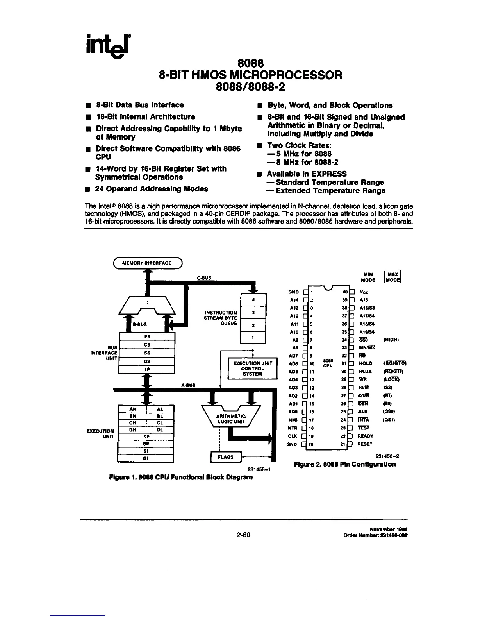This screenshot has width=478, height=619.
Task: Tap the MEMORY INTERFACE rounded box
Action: pyautogui.click(x=147, y=263)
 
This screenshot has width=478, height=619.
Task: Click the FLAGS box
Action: pyautogui.click(x=226, y=456)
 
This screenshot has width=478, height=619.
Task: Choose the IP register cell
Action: pyautogui.click(x=147, y=369)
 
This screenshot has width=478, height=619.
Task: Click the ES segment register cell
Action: pyautogui.click(x=147, y=336)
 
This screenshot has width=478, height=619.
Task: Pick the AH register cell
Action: pyautogui.click(x=132, y=409)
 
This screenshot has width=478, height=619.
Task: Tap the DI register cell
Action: pyautogui.click(x=145, y=458)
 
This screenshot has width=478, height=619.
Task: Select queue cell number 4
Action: pyautogui.click(x=253, y=300)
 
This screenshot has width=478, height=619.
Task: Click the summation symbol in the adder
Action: pyautogui.click(x=147, y=302)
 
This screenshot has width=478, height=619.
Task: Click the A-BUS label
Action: pyautogui.click(x=188, y=385)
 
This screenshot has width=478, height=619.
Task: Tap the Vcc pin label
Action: pyautogui.click(x=363, y=292)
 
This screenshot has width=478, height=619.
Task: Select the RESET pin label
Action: pyautogui.click(x=365, y=444)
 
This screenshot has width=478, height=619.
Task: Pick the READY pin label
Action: pyautogui.click(x=366, y=436)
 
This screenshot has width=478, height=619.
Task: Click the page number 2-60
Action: pyautogui.click(x=243, y=535)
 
